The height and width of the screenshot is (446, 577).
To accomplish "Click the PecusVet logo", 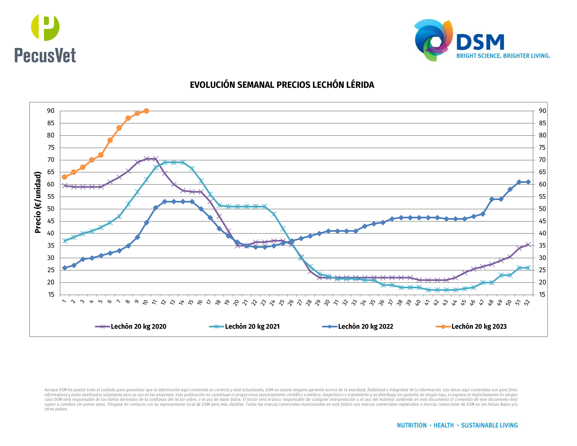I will click(45, 38).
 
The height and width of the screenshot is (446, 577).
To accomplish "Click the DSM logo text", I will click(480, 42).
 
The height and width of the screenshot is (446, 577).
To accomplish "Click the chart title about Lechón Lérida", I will click(282, 85).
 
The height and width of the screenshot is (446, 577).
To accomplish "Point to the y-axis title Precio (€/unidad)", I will click(38, 202).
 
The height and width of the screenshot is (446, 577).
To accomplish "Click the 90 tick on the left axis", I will click(51, 111).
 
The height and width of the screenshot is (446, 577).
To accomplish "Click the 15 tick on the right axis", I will click(542, 295).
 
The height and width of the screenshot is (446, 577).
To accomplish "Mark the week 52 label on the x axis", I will click(527, 302).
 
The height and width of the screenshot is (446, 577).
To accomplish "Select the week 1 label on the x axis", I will click(64, 301).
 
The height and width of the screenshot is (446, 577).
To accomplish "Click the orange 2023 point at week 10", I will click(146, 111).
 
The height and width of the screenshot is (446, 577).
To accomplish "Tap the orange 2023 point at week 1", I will click(64, 177).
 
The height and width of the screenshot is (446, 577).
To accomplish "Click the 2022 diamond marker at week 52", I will click(528, 182).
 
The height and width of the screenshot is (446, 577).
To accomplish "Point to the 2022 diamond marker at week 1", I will click(64, 268).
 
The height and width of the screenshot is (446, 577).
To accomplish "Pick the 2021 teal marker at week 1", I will click(64, 241).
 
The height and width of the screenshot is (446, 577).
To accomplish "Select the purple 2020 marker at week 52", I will click(528, 245).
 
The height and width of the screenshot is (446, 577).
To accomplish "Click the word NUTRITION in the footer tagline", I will click(411, 426).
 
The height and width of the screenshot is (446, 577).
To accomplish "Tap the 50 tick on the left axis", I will click(51, 209).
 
